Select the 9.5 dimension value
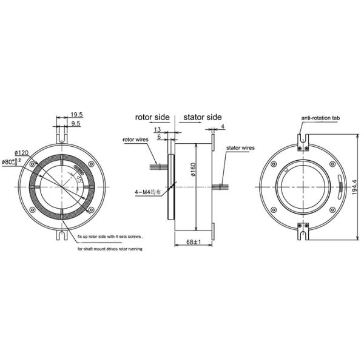[76, 123]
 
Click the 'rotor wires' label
[135, 140]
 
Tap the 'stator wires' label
[240, 147]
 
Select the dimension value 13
[158, 130]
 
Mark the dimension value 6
[158, 137]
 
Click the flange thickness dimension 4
[223, 126]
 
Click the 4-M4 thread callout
[148, 192]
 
